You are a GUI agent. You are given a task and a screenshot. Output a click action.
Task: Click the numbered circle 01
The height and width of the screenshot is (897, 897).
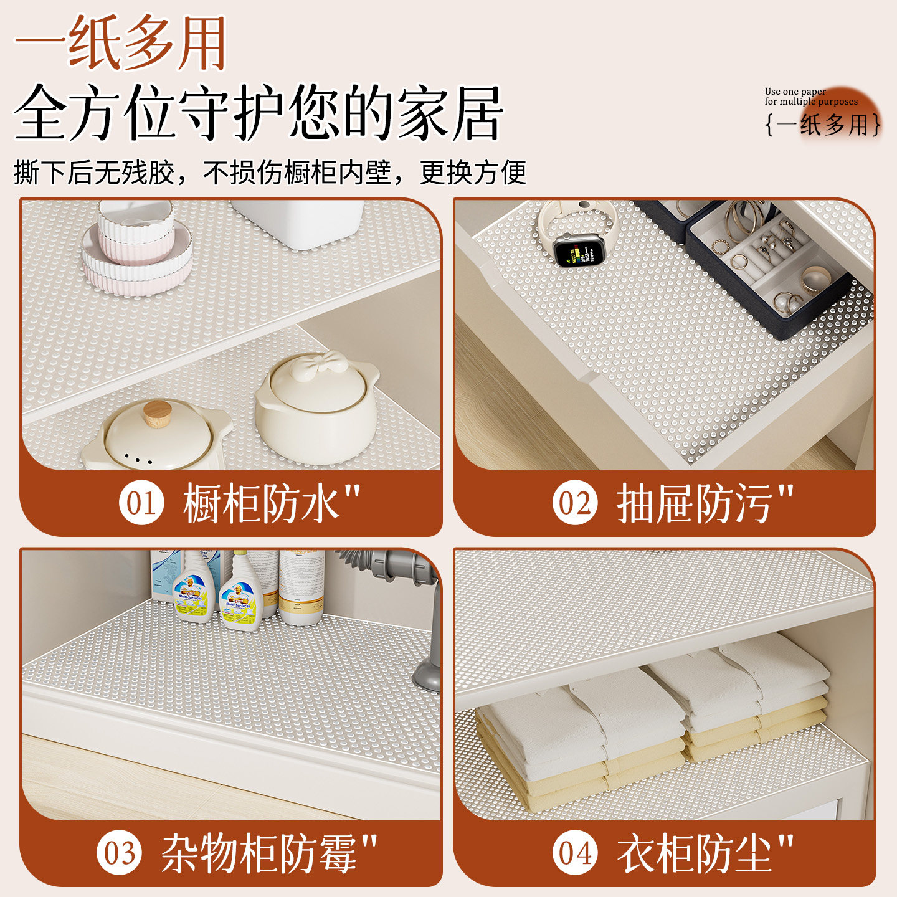pos(141,503)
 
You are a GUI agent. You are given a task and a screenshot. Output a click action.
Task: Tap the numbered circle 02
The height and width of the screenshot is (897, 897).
pos(574,503)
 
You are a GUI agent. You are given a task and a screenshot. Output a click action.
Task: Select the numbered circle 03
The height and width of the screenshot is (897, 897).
pos(119,852)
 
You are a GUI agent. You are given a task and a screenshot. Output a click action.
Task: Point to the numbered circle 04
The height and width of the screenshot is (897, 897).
pos(574,852)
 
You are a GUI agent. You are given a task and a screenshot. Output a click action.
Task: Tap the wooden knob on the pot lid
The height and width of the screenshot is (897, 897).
pos(157,413)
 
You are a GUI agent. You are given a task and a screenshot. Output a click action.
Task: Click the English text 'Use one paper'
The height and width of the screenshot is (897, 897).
pos(795,91)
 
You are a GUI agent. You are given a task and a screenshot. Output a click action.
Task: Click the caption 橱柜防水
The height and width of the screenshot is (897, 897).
pos(262,503)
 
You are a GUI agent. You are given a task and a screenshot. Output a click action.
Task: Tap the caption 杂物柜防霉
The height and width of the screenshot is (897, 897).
pos(259,853)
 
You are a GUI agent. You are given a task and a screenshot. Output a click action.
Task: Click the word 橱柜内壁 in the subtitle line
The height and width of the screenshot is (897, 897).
pos(337,172)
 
